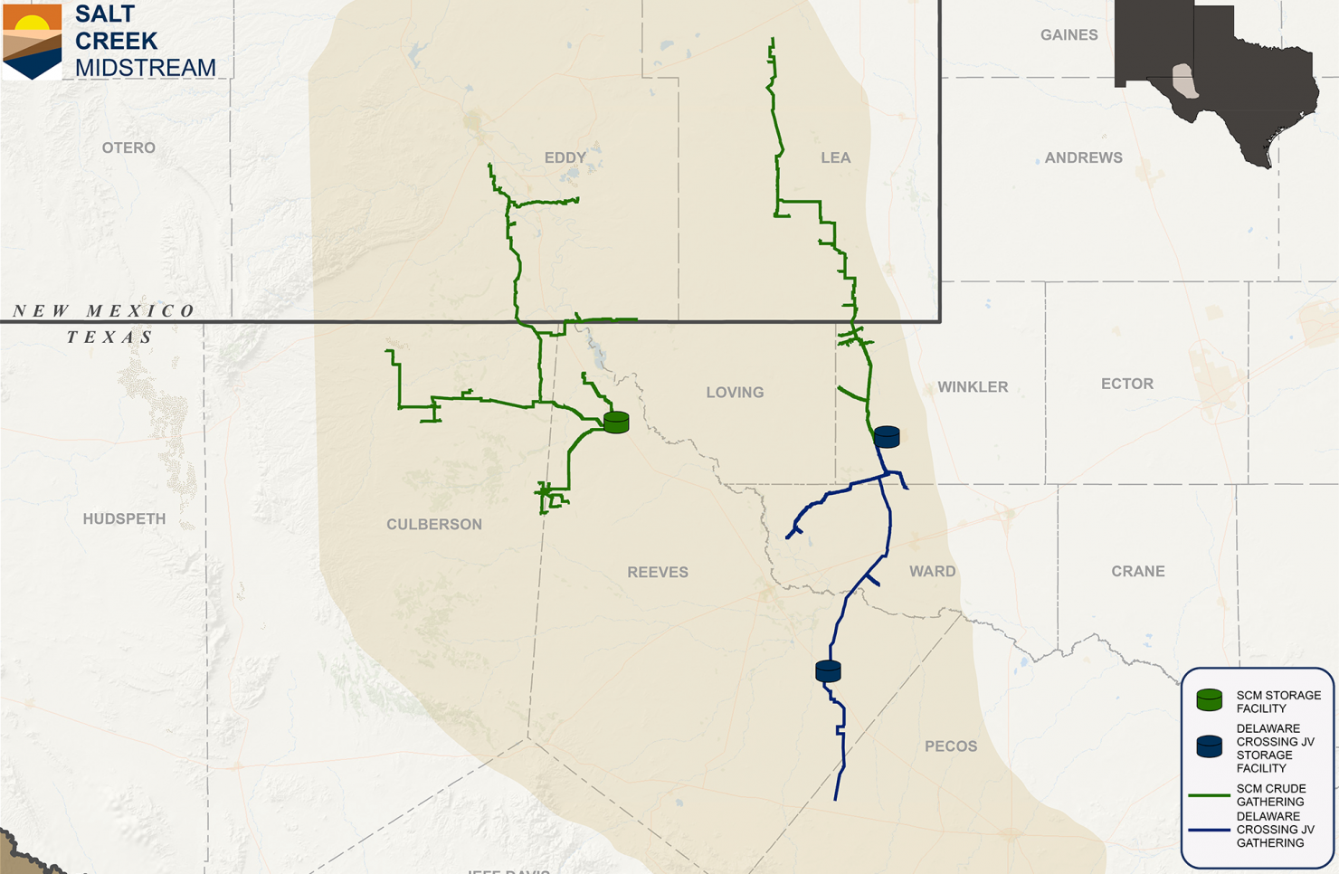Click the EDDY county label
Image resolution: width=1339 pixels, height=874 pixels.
point(565,157)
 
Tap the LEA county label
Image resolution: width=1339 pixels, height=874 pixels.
point(835,157)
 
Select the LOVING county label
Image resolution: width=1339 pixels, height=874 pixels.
point(735,393)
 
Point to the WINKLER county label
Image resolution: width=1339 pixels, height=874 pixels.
point(973,387)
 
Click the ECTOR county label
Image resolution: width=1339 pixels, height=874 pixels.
point(1127,384)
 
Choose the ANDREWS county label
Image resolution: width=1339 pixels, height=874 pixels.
point(1083,157)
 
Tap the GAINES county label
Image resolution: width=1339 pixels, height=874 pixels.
point(1068,35)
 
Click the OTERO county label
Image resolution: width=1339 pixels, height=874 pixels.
point(128,147)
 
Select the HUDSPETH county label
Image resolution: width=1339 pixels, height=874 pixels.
point(124,518)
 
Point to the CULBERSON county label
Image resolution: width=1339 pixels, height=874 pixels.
point(434,524)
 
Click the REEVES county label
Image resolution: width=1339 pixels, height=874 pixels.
point(658,572)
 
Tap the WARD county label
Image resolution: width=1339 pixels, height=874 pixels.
point(932,571)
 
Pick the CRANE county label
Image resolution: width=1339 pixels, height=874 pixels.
point(1137,571)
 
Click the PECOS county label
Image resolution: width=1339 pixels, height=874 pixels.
point(951,746)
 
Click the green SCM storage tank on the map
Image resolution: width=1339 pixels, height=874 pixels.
point(616,422)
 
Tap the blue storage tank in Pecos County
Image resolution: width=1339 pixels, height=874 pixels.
point(828,670)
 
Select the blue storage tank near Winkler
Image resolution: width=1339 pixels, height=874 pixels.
point(887,437)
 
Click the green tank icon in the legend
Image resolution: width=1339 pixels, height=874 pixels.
point(1210,699)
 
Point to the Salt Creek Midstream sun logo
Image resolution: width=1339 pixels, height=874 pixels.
point(33,41)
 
